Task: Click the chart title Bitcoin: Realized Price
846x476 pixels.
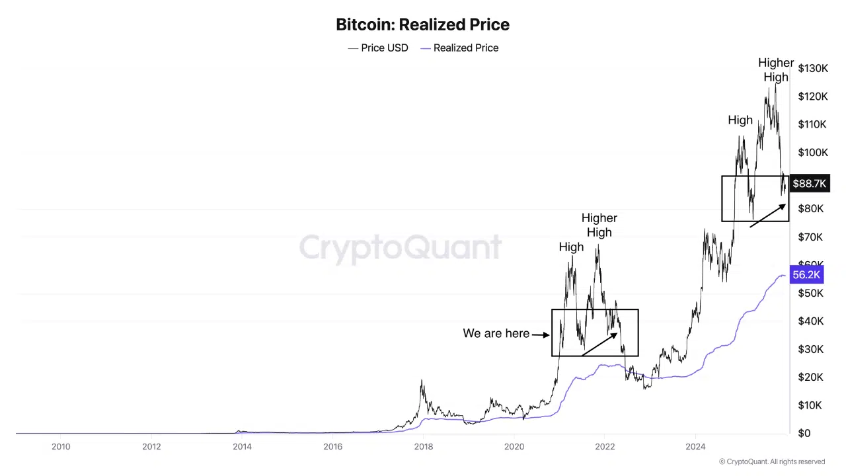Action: coord(422,25)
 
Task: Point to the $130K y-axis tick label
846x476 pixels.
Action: coord(812,68)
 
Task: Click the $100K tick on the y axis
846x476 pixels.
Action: coord(812,153)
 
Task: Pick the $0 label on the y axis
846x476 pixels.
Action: coord(804,433)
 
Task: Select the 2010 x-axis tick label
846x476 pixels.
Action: coord(61,446)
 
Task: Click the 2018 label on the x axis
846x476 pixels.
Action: coord(424,446)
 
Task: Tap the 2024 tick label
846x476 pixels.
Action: coord(695,446)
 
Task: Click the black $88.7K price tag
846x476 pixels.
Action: coord(809,184)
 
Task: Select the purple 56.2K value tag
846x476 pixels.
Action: coord(806,275)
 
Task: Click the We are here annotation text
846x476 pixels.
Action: coord(496,333)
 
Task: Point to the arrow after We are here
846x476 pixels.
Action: coord(541,335)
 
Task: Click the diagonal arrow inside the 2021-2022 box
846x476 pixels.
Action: coord(599,344)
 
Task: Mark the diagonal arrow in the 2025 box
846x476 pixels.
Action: coord(768,216)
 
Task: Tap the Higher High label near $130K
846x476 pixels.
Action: coord(776,70)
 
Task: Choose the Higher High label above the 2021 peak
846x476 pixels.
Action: coord(599,225)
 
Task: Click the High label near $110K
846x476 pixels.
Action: coord(740,120)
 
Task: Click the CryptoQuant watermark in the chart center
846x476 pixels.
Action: coord(401,248)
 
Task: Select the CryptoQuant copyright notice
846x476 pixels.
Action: coord(772,461)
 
